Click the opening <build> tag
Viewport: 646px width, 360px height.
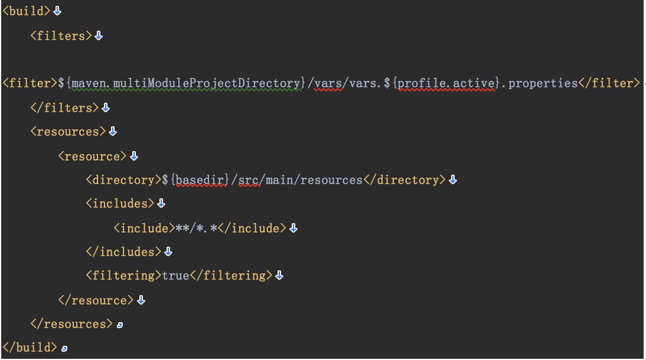click(x=27, y=11)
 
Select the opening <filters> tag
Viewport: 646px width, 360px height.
click(x=61, y=36)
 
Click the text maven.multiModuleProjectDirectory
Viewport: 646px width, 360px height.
click(x=186, y=83)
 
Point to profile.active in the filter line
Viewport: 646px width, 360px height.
click(x=446, y=83)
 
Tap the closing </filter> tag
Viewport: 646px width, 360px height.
click(x=609, y=83)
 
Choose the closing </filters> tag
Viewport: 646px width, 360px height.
click(x=65, y=108)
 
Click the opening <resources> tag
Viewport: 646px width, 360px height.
click(x=68, y=132)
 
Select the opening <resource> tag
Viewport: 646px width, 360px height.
click(x=92, y=156)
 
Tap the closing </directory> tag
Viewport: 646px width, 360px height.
click(x=404, y=180)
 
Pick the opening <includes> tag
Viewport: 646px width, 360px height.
click(x=120, y=204)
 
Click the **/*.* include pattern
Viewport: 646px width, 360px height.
click(x=197, y=228)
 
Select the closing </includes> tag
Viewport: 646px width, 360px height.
click(x=123, y=251)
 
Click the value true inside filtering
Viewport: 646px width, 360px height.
click(x=175, y=276)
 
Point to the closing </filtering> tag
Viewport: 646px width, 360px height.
click(x=231, y=276)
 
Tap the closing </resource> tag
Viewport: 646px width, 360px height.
click(x=96, y=300)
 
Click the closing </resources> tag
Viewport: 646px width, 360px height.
click(x=71, y=324)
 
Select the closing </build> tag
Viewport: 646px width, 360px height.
click(x=30, y=348)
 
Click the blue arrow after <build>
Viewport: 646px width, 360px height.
click(x=57, y=11)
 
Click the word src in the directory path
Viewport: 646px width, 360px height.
click(x=249, y=180)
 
